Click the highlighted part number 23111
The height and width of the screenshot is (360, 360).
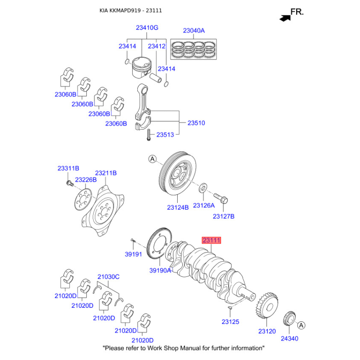[x=211, y=241]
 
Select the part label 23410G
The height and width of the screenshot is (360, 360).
[x=147, y=28]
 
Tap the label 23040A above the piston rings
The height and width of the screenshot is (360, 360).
[x=193, y=31]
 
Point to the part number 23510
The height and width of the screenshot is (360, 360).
[x=196, y=122]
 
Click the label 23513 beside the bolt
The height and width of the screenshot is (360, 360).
[x=166, y=135]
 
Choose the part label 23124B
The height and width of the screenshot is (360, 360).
[x=178, y=207]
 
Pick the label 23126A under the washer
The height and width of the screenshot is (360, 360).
[x=204, y=205]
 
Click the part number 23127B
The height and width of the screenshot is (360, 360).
[x=224, y=216]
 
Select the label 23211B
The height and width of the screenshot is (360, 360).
[x=106, y=173]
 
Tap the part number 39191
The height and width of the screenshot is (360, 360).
[x=133, y=254]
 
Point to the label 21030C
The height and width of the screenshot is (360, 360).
[x=108, y=277]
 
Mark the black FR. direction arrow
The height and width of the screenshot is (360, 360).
[x=284, y=18]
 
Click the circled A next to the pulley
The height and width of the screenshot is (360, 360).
[x=152, y=159]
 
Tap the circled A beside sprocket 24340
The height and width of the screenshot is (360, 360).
[x=301, y=325]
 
